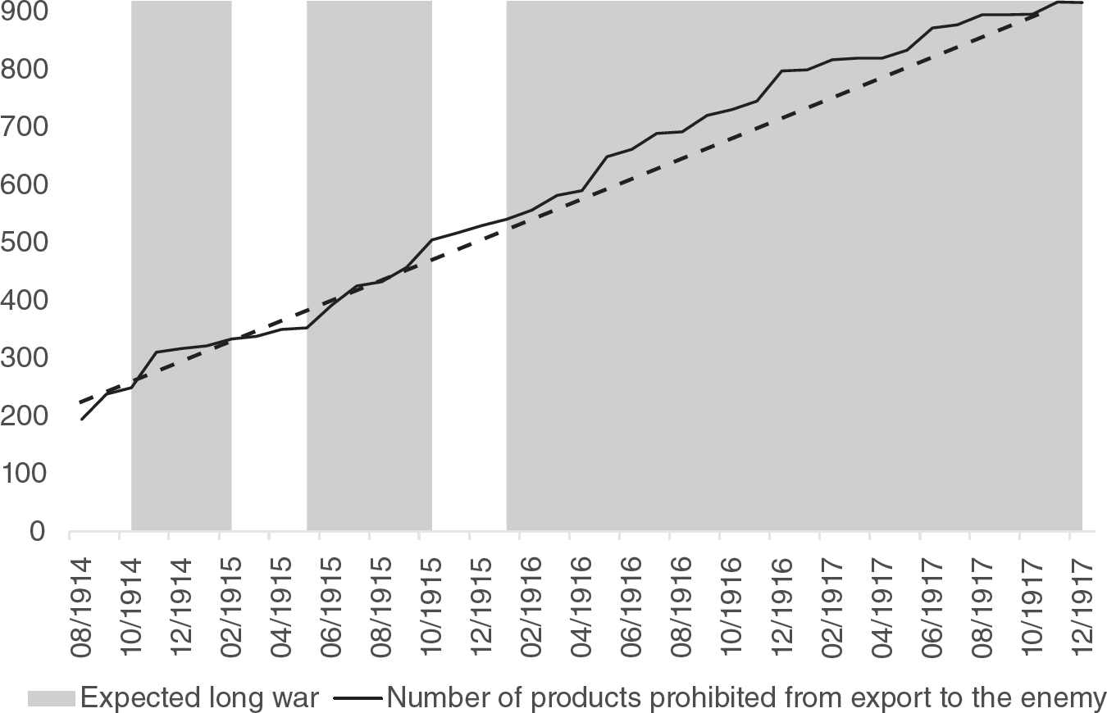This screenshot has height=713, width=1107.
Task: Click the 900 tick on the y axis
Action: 24,12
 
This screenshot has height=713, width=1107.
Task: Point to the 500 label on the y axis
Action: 24,243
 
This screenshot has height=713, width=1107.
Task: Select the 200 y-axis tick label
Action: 24,416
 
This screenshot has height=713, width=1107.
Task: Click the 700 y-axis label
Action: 24,128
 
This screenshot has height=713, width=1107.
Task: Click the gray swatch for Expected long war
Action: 51,698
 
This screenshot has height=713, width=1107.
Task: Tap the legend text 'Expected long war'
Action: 198,698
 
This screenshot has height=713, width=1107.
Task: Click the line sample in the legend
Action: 358,698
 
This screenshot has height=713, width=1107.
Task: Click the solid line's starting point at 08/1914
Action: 82,420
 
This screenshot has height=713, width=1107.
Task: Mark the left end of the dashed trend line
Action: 80,403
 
